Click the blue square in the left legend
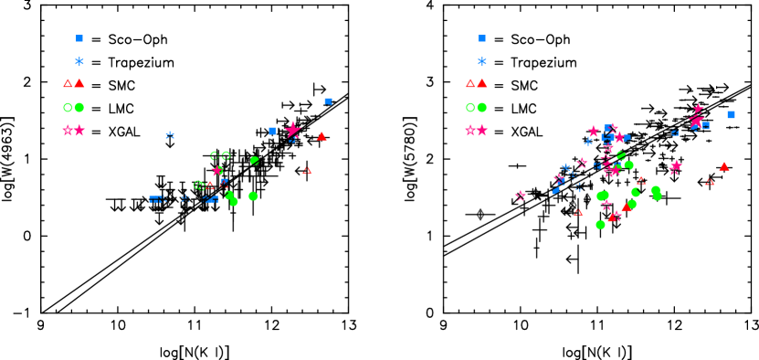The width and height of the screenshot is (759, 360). (x=79, y=38)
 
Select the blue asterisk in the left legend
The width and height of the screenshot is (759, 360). (x=79, y=62)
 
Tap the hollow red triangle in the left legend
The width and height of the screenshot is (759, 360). (x=68, y=83)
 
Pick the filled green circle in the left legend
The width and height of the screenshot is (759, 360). (x=79, y=107)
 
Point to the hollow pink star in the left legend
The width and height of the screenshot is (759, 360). (x=68, y=131)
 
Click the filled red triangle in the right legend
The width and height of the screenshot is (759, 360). (x=482, y=83)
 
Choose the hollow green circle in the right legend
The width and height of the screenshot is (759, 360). (x=470, y=107)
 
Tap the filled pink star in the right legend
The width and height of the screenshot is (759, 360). (x=482, y=131)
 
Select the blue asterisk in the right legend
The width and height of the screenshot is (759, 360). (x=482, y=62)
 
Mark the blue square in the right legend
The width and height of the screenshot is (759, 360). (x=482, y=38)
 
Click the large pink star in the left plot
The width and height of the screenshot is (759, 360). (x=292, y=130)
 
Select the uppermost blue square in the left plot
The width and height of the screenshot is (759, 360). (x=328, y=101)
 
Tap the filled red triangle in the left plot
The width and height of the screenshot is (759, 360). (x=322, y=136)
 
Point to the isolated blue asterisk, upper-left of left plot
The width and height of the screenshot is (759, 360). (x=170, y=135)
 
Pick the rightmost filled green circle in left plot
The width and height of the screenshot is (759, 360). (x=253, y=196)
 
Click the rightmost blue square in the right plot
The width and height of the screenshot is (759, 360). (x=731, y=114)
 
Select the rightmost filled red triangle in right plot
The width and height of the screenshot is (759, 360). (x=724, y=166)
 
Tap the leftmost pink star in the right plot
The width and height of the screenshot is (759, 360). (x=520, y=196)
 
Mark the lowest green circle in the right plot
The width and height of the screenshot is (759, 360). (x=600, y=225)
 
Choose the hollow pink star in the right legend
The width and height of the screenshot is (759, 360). (x=470, y=131)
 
